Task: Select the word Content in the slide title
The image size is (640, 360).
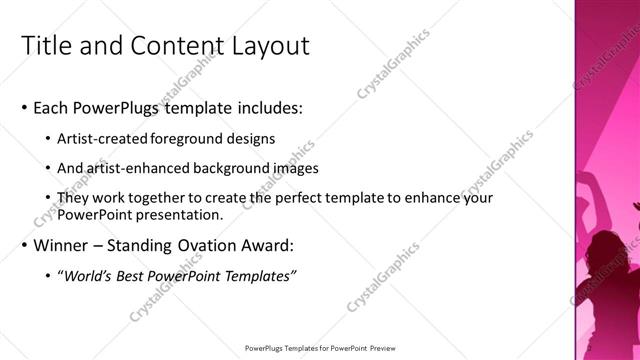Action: [x=174, y=45]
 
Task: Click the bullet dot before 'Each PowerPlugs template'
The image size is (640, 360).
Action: [x=23, y=107]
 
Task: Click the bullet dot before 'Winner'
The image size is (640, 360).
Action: [x=23, y=246]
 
